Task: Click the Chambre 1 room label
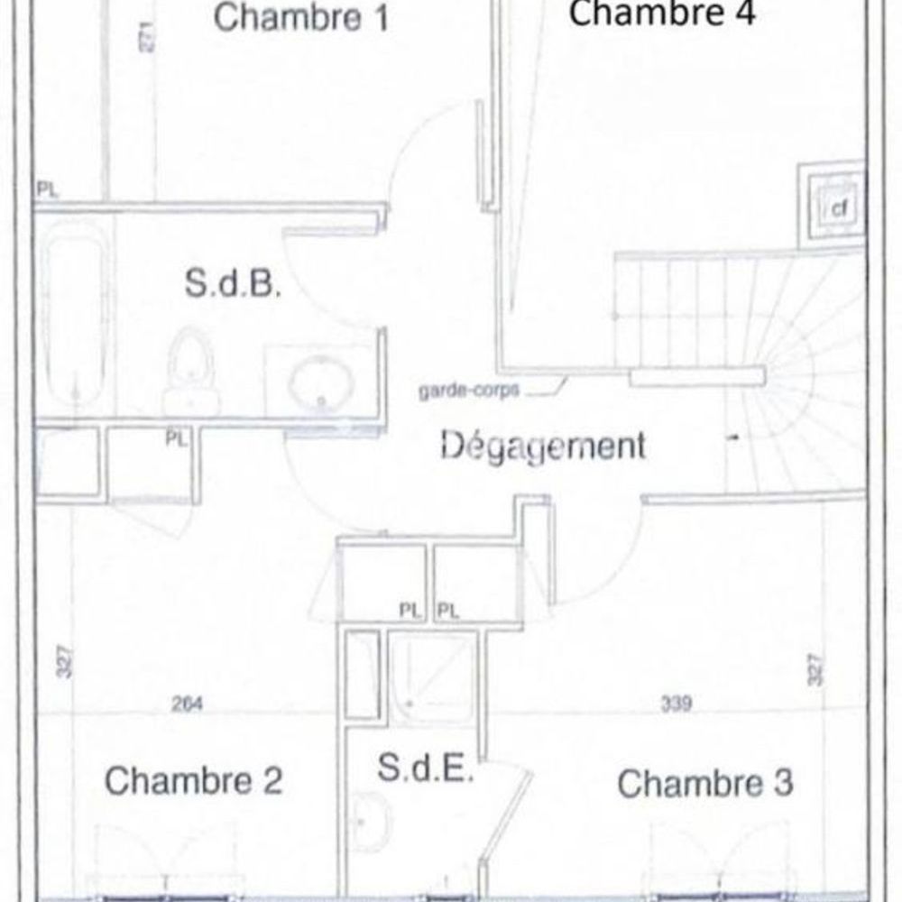coord(301,18)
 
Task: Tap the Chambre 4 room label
coord(662,14)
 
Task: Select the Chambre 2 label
coord(194,780)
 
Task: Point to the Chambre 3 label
coord(705,783)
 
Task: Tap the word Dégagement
coord(544,446)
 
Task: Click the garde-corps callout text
coord(468,392)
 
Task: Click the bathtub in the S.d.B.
coord(75,316)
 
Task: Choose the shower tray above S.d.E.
coord(432,679)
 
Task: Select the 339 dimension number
coord(674,704)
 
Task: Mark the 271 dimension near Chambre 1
coord(149,35)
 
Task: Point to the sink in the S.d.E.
coord(370,821)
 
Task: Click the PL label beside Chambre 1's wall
coord(47,189)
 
